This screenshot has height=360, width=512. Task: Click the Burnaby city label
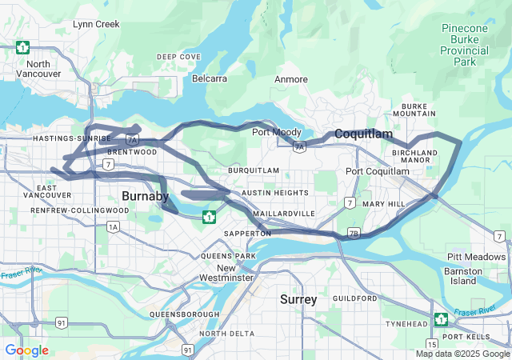(145, 196)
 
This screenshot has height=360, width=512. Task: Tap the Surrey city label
(298, 299)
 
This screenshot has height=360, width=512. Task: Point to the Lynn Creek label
(96, 25)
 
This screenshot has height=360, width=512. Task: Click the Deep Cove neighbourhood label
(178, 57)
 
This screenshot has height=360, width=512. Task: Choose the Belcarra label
(210, 78)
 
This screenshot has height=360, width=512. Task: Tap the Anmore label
(291, 79)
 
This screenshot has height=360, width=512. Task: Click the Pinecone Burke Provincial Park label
(464, 45)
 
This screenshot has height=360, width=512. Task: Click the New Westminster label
(238, 273)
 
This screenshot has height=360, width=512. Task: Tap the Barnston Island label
(463, 276)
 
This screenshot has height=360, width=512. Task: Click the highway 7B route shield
(354, 234)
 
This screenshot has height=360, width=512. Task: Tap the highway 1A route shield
(113, 227)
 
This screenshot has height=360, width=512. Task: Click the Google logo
(26, 350)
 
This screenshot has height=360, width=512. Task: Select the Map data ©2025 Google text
(462, 354)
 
